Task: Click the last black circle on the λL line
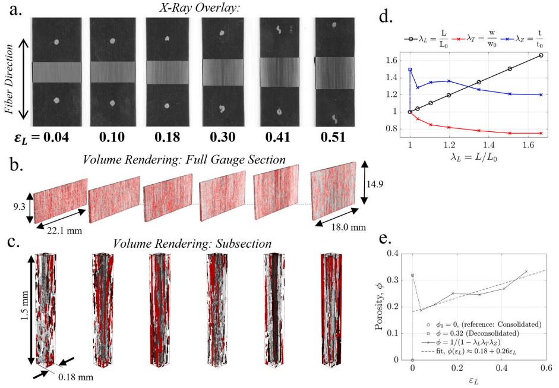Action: (541, 55)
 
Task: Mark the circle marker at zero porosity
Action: (412, 359)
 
